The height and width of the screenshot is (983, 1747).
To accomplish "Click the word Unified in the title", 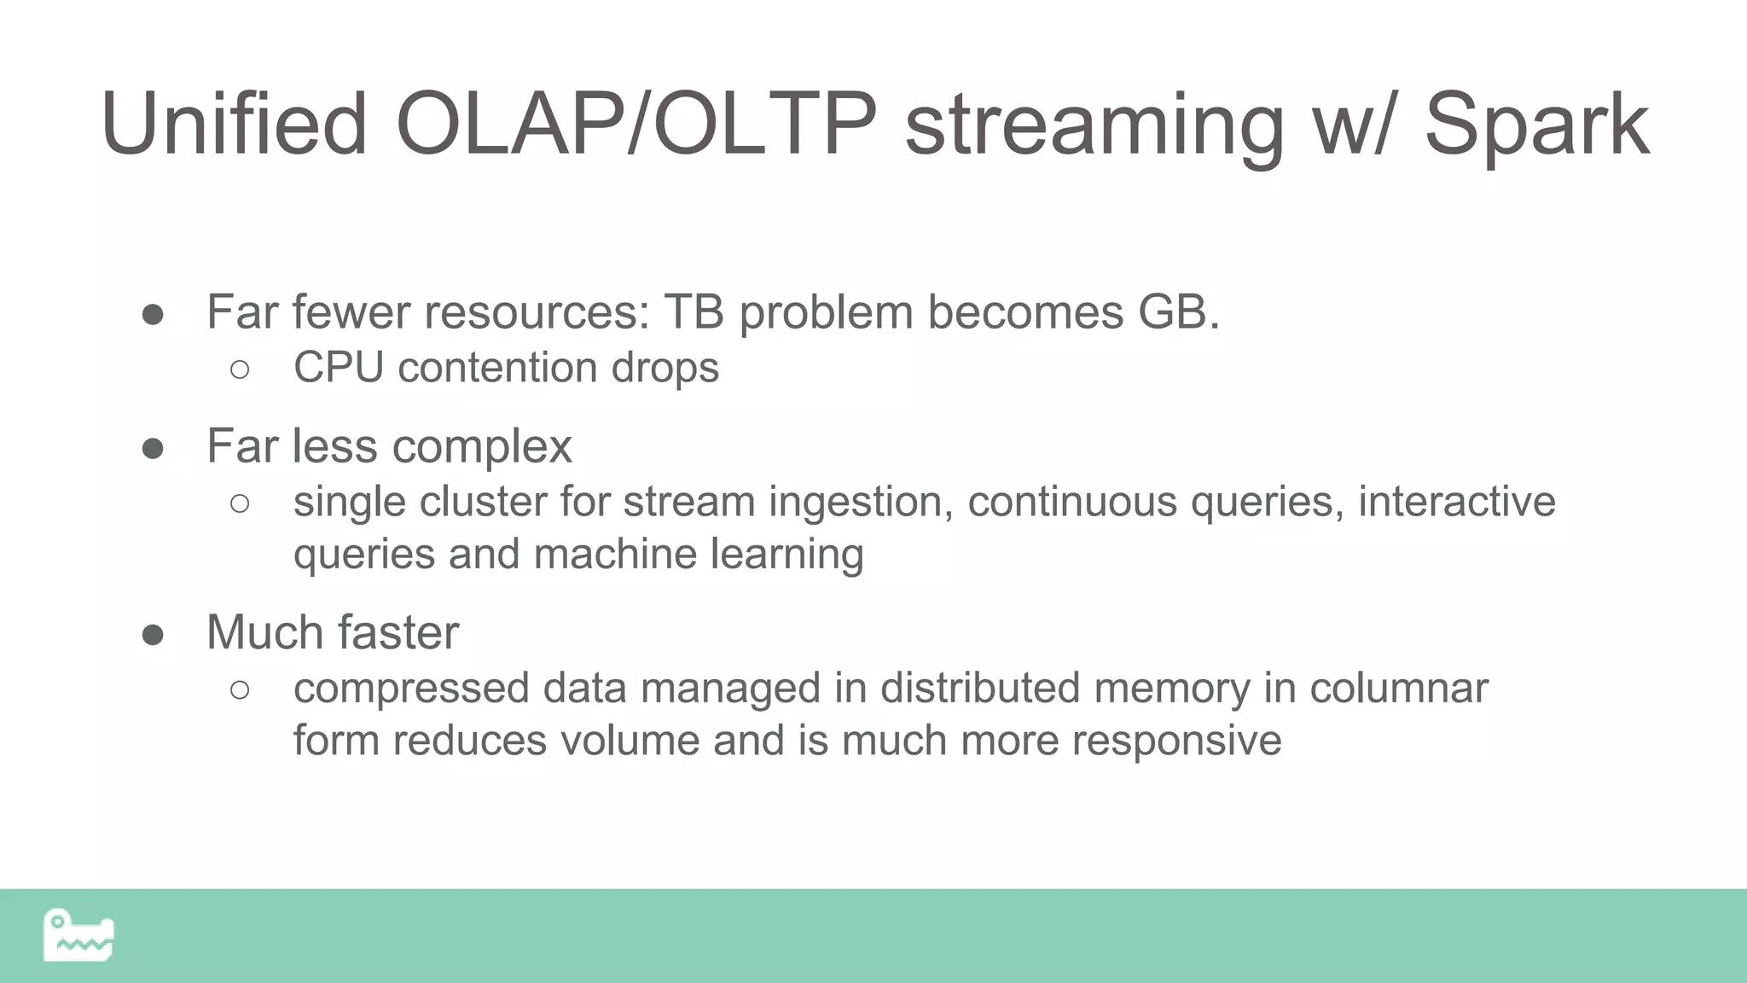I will pyautogui.click(x=234, y=125).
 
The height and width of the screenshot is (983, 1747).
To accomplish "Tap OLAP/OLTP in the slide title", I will pyautogui.click(x=636, y=125).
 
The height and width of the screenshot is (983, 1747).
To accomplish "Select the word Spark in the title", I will pyautogui.click(x=1536, y=125).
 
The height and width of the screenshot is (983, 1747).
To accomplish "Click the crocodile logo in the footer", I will pyautogui.click(x=78, y=935).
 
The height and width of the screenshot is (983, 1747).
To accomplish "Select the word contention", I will pyautogui.click(x=496, y=368).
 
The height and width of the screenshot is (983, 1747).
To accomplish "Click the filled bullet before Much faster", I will pyautogui.click(x=153, y=634).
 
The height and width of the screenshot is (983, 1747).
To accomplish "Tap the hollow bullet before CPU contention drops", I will pyautogui.click(x=240, y=369).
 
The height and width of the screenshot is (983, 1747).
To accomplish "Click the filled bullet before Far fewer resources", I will pyautogui.click(x=153, y=314).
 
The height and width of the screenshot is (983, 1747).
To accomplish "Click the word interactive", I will pyautogui.click(x=1456, y=501).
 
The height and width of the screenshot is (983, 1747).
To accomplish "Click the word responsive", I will pyautogui.click(x=1176, y=741).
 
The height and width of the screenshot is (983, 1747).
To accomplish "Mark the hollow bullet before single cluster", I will pyautogui.click(x=240, y=503).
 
